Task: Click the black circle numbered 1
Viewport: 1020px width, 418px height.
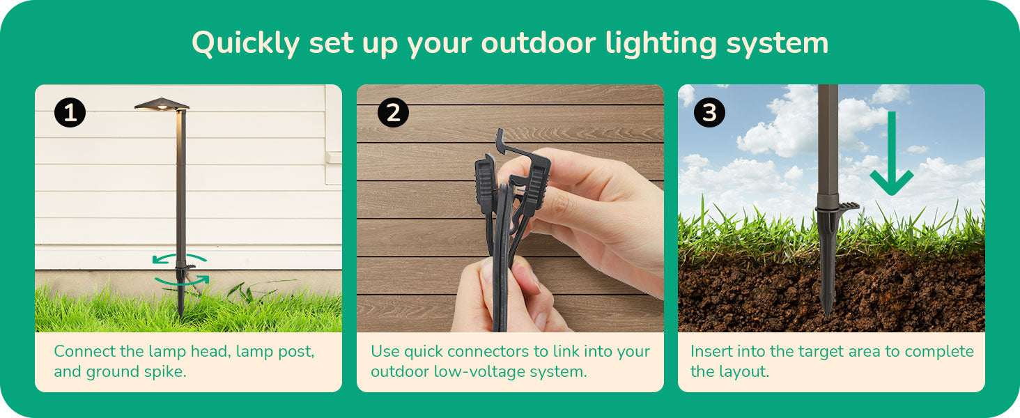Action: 70,112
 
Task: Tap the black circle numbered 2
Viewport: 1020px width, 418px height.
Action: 393,112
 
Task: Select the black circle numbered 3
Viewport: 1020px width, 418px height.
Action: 709,112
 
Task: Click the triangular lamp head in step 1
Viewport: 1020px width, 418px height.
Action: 162,104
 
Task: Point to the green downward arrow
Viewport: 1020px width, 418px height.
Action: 892,153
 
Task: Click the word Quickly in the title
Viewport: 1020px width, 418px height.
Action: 245,44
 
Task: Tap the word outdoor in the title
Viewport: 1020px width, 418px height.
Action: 539,43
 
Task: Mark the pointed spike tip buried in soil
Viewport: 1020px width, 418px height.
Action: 826,314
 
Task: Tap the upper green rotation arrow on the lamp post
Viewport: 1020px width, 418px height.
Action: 179,258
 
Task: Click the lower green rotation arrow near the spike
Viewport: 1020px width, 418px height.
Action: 182,280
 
